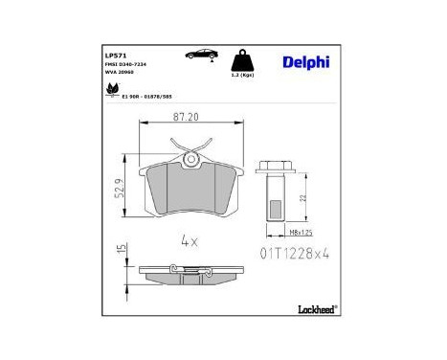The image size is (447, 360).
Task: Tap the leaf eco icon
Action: [111, 90]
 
